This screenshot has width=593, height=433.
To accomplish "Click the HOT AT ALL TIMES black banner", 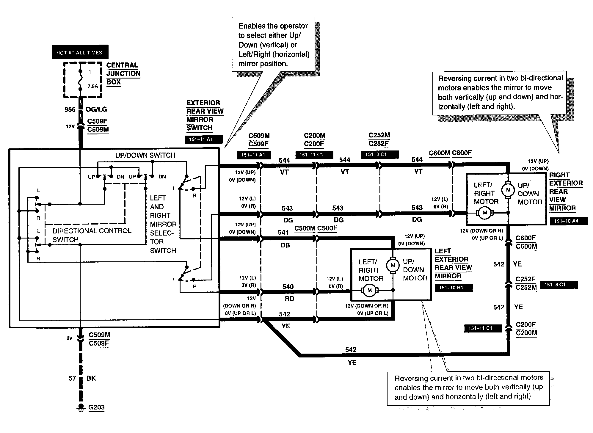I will (80, 52).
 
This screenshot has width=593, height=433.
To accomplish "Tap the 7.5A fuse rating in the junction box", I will (92, 86).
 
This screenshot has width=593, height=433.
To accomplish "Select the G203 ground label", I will (96, 407).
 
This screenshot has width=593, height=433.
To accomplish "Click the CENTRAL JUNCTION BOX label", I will (123, 73).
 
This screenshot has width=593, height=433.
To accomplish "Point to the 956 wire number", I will (70, 109).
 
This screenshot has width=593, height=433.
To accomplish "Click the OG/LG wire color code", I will (96, 109).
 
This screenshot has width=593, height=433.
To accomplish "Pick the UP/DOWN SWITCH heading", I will (145, 155).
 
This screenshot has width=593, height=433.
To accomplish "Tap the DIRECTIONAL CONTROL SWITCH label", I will (92, 235).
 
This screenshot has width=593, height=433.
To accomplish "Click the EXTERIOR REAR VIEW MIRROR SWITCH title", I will (205, 115).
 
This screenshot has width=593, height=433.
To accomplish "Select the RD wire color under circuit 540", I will (289, 299).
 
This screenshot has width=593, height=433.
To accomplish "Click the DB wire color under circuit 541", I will (285, 245).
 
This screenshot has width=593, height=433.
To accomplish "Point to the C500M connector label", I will (305, 228).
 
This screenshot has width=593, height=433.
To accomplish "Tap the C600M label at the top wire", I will (439, 153).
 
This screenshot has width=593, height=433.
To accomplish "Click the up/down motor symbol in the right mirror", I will (508, 190).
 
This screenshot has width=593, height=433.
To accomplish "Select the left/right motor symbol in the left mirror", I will (370, 290).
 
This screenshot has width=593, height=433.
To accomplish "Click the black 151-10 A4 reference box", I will (568, 221).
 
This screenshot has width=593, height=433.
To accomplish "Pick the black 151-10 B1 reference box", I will (453, 288).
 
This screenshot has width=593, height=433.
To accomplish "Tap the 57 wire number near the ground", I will (72, 378).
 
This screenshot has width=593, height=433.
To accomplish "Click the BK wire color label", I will (91, 378).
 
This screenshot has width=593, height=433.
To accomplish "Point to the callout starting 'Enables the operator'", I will (273, 44).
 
